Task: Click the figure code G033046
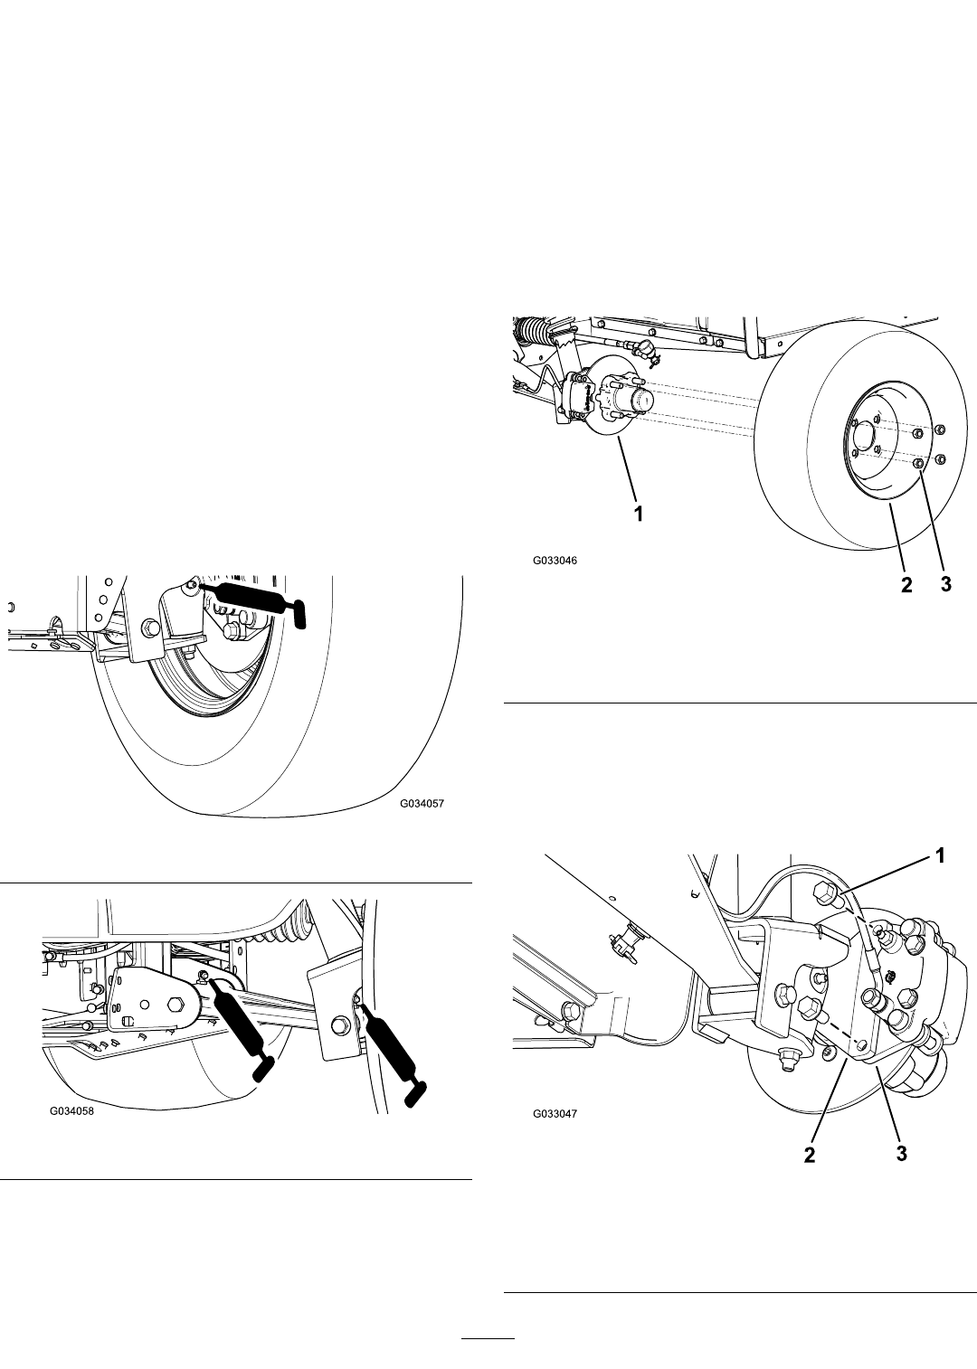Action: click(x=555, y=560)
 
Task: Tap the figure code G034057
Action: click(x=422, y=804)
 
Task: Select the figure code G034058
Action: click(x=72, y=1111)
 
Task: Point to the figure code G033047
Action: click(x=555, y=1113)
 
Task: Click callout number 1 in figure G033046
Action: click(x=639, y=515)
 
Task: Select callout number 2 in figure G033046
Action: click(x=906, y=585)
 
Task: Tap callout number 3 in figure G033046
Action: click(x=945, y=584)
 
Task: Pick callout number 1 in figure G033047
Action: click(x=940, y=856)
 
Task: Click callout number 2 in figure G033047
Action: click(x=810, y=1156)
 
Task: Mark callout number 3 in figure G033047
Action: click(x=901, y=1153)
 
